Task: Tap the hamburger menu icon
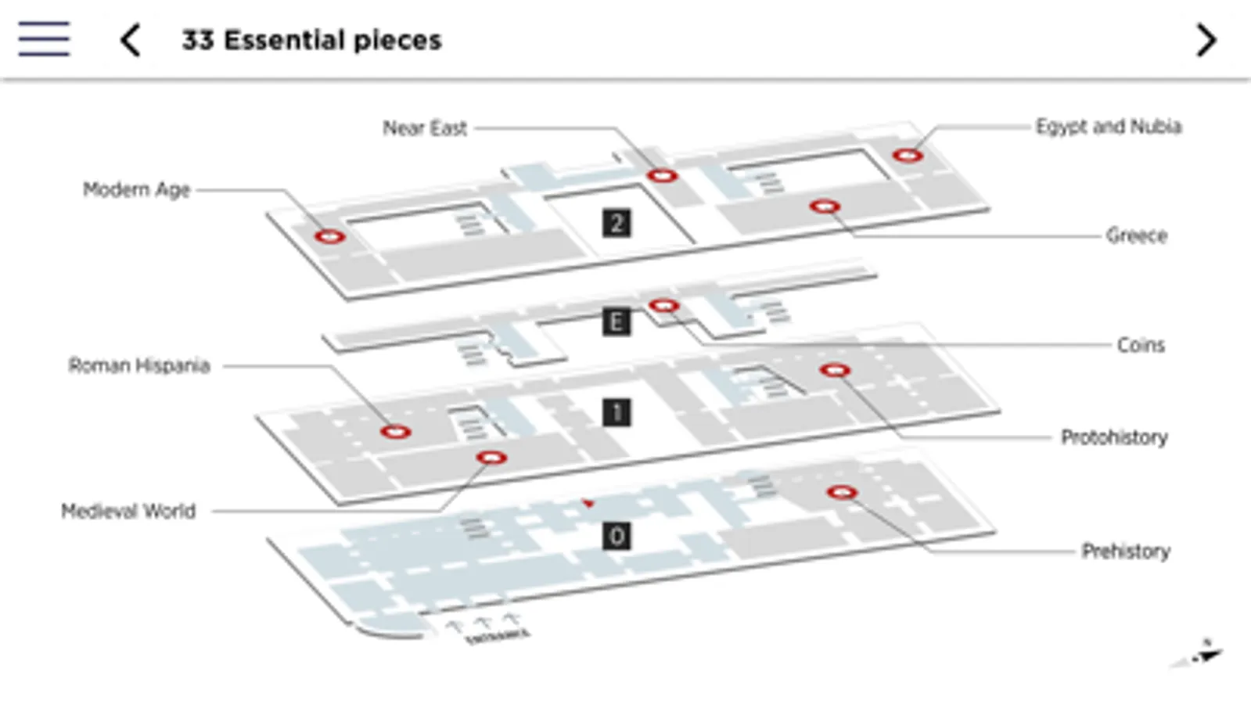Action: click(44, 39)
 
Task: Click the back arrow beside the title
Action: click(131, 40)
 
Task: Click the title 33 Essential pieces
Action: click(311, 40)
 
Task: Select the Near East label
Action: click(425, 128)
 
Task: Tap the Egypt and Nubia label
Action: click(1108, 127)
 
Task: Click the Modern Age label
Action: click(137, 190)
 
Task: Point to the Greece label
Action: click(1136, 235)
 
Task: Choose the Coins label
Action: click(1141, 345)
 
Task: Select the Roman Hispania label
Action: click(139, 366)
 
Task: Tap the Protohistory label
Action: click(1114, 437)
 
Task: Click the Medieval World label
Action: click(128, 512)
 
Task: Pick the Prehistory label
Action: click(1126, 551)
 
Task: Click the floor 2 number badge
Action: click(617, 224)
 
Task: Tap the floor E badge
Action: click(617, 321)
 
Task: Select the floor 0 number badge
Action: click(617, 537)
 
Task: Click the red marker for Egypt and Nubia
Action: click(908, 156)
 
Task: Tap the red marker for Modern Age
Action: click(329, 236)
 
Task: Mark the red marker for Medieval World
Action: click(491, 458)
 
